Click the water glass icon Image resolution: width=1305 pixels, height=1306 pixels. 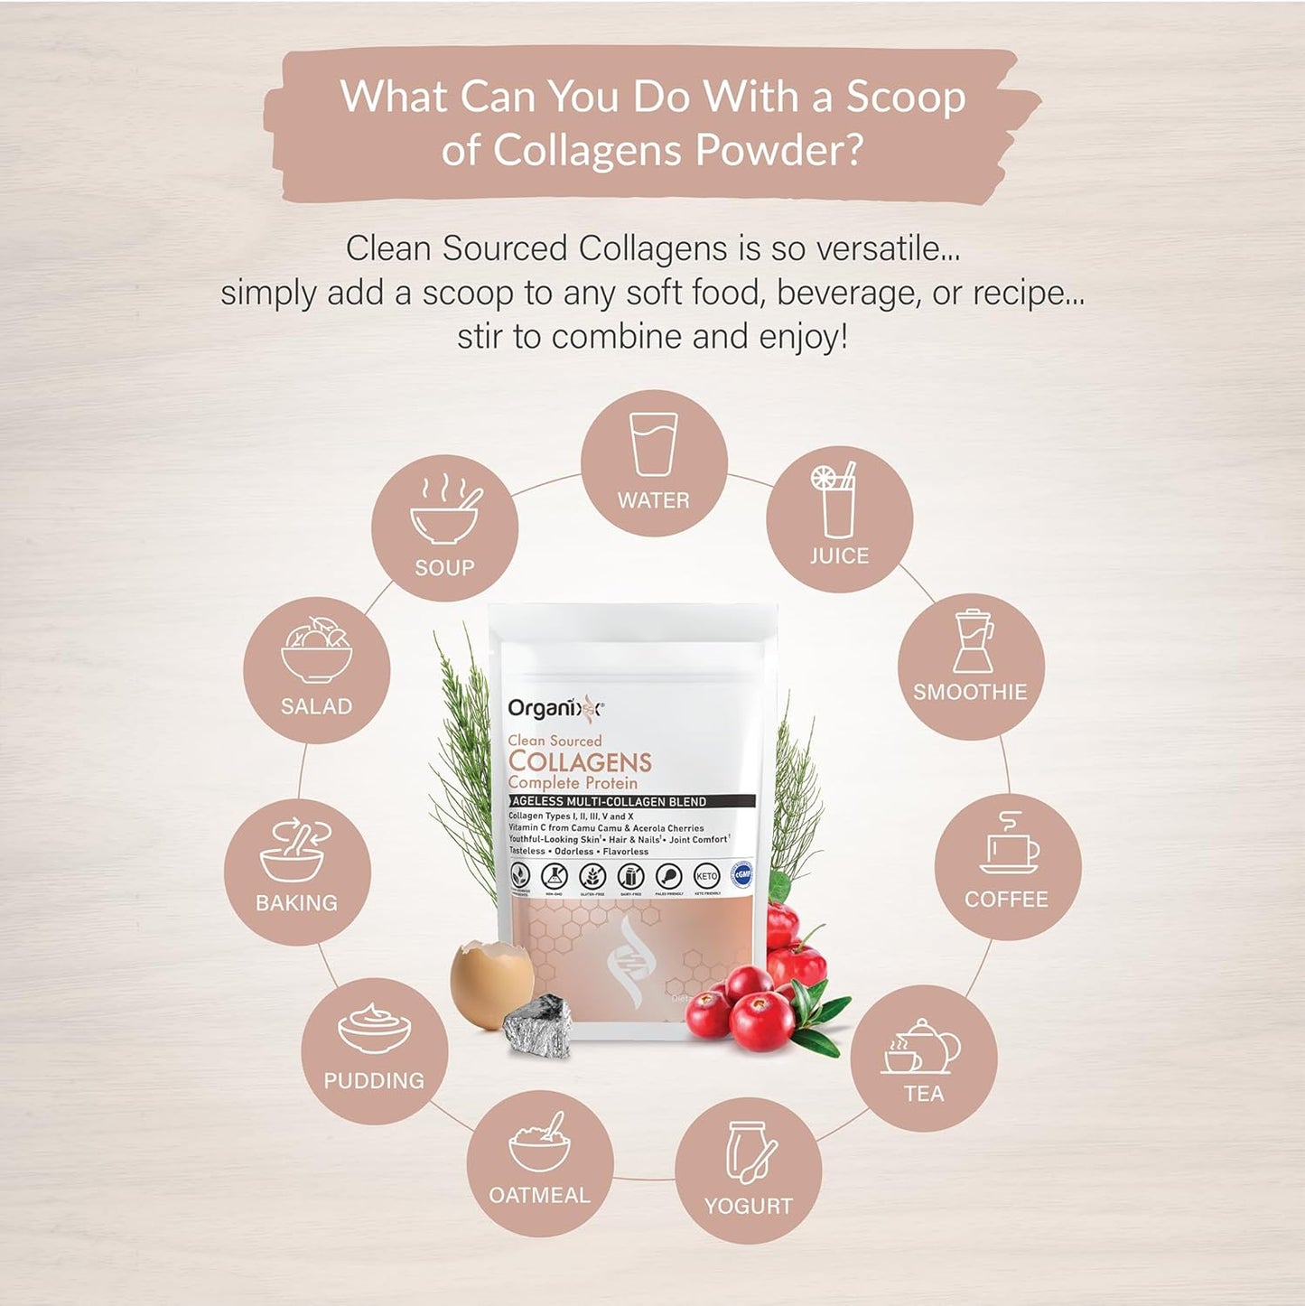click(654, 444)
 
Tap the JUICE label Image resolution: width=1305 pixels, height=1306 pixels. click(839, 556)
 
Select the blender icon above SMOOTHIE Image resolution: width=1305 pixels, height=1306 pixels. click(973, 640)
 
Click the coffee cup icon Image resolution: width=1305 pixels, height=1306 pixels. click(1010, 845)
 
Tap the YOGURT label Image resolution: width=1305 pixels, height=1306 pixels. click(748, 1207)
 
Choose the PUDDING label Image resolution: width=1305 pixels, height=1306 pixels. click(374, 1080)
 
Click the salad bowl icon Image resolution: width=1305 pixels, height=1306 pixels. click(316, 650)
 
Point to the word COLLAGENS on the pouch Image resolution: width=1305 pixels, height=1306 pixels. click(580, 762)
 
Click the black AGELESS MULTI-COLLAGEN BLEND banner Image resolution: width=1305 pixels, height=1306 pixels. click(631, 801)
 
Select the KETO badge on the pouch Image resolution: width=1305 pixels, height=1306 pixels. click(706, 876)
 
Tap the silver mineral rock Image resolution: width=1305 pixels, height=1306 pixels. click(539, 1026)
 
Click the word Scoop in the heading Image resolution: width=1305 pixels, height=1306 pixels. click(905, 98)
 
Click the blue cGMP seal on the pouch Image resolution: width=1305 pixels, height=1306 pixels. click(741, 875)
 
